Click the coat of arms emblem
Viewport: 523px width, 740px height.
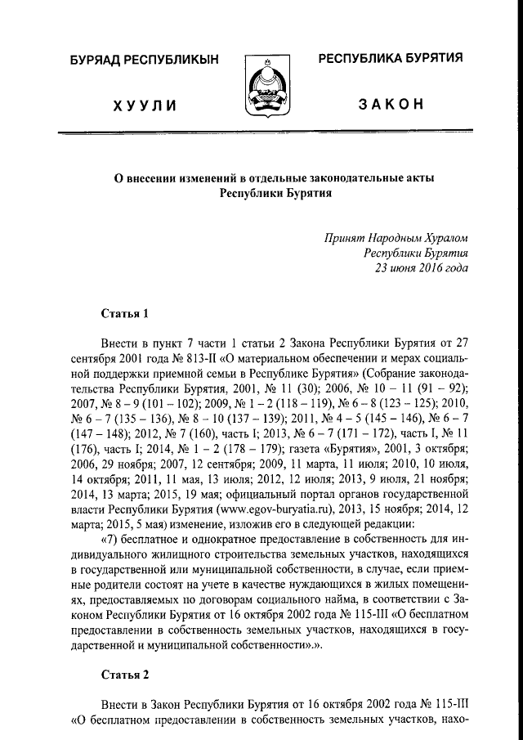pos(262,87)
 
